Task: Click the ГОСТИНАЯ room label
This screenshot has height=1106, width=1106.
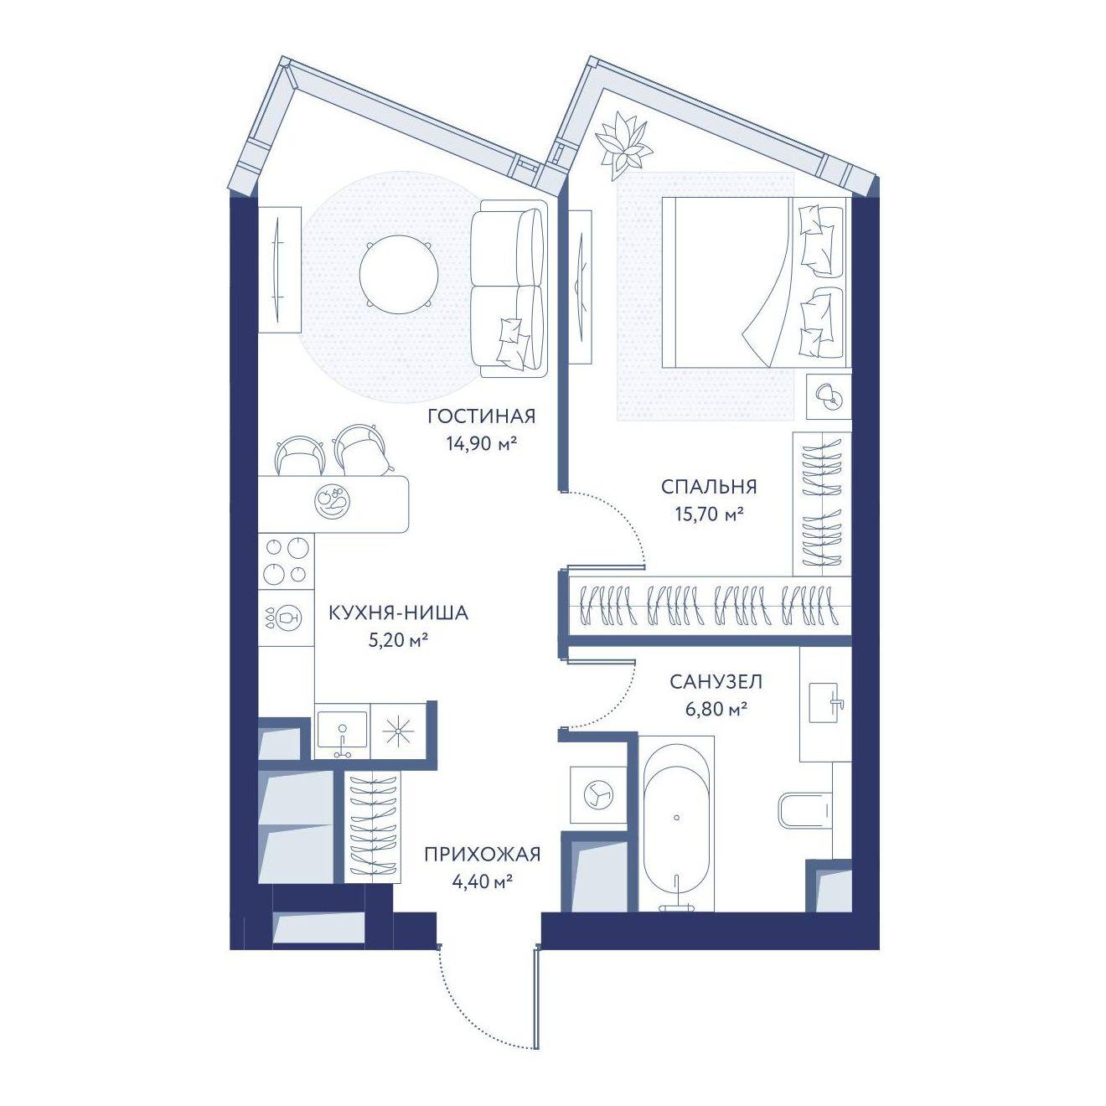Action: [x=481, y=416]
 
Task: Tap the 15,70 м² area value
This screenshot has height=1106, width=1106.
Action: [x=710, y=513]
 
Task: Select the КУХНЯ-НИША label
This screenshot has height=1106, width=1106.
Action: [x=398, y=613]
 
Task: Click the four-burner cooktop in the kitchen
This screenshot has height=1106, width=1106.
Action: [x=286, y=561]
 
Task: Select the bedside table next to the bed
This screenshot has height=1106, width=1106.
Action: [x=828, y=396]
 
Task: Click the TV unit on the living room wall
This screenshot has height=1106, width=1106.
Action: [x=280, y=269]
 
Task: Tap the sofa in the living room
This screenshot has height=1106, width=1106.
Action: [x=509, y=288]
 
